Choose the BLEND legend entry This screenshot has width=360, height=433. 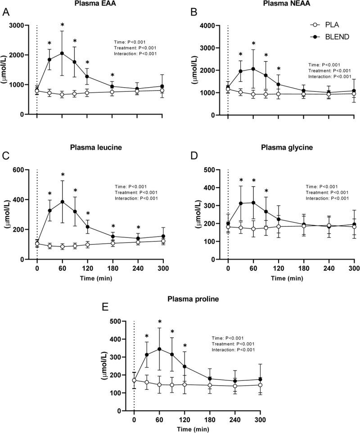325,37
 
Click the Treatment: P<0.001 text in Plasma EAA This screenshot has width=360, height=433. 136,48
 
